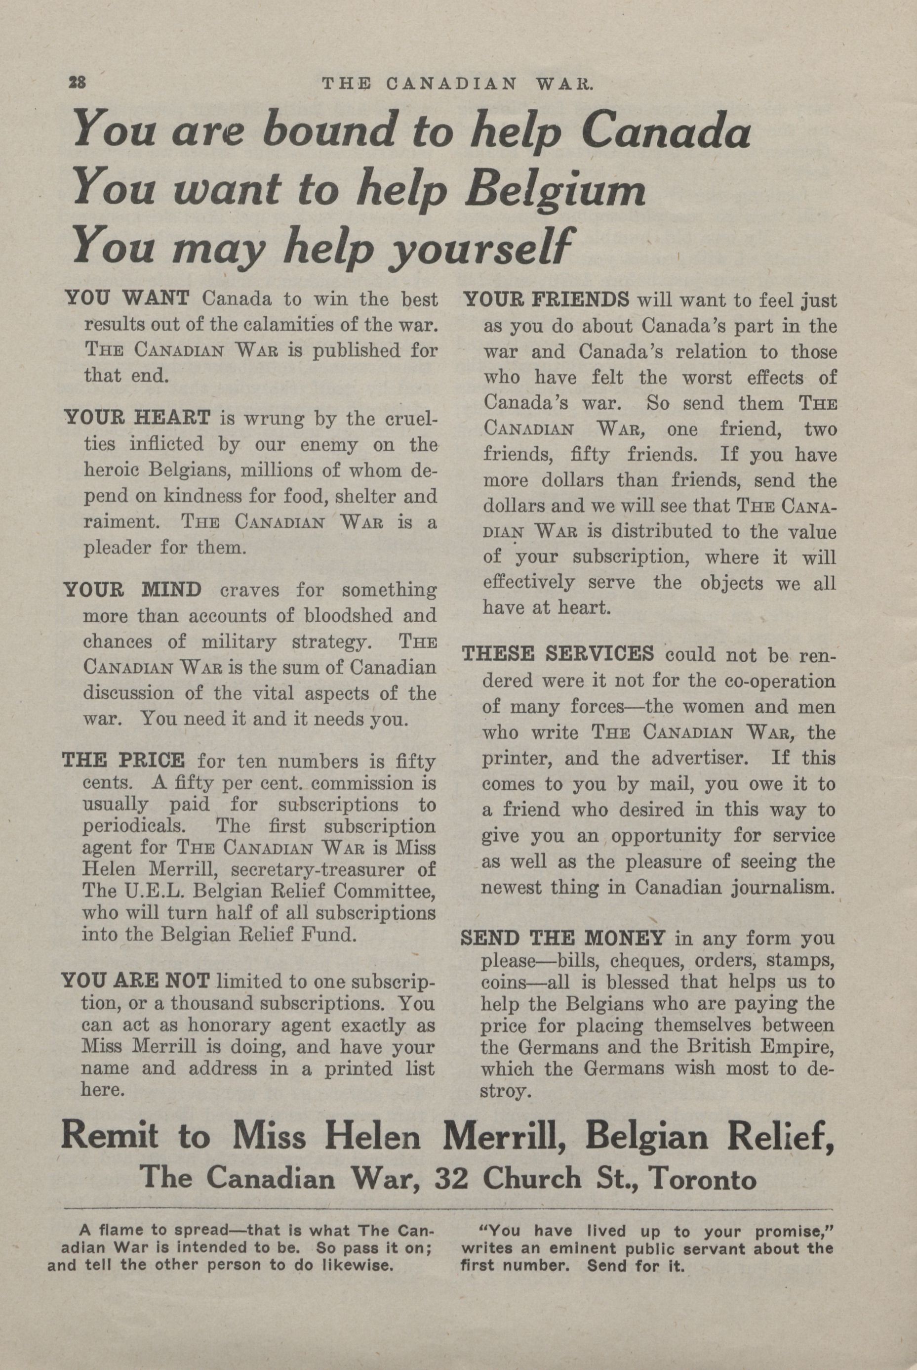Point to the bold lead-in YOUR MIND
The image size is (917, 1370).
click(x=133, y=589)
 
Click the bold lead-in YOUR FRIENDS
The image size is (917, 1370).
click(x=546, y=301)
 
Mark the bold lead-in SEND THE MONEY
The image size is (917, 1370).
click(x=562, y=938)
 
